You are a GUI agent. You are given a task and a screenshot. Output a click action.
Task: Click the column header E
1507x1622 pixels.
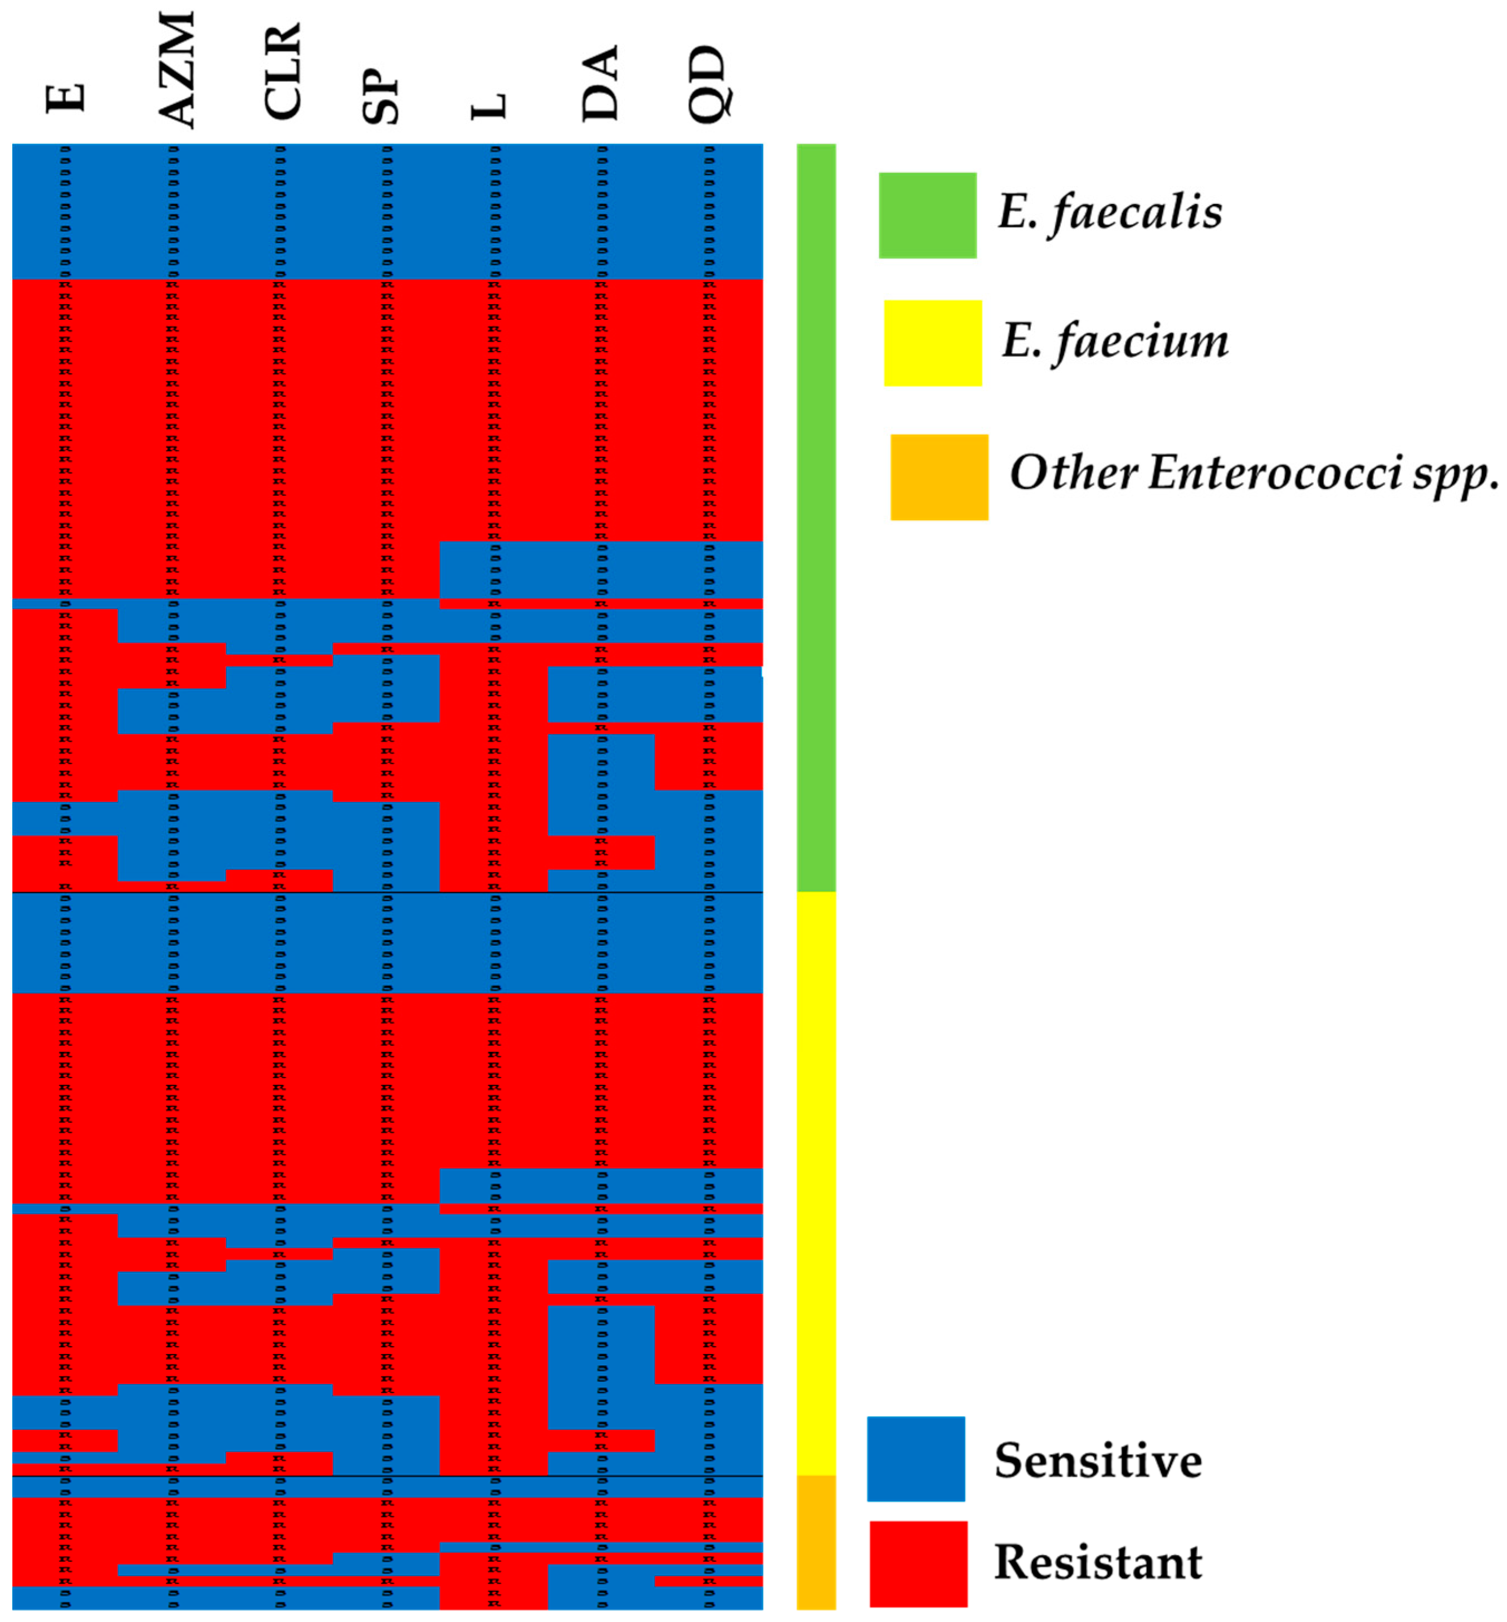(x=65, y=98)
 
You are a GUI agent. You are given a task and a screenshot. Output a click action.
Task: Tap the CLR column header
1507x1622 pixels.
(x=283, y=72)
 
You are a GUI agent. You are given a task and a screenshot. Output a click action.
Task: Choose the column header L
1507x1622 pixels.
(x=490, y=106)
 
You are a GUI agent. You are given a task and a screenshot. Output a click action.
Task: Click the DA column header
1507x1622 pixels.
(x=601, y=83)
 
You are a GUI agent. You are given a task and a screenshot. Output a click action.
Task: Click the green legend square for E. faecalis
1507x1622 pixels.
(x=927, y=216)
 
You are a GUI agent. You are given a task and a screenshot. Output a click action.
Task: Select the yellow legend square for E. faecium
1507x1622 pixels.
(x=932, y=343)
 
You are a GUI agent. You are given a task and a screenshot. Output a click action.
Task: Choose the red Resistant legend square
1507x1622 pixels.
(x=918, y=1563)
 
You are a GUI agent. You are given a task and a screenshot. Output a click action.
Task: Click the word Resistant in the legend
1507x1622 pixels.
(x=1098, y=1562)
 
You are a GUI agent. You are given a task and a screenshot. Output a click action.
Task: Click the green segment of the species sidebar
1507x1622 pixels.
(x=815, y=518)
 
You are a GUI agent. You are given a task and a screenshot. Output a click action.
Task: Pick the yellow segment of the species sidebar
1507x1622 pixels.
(x=815, y=1183)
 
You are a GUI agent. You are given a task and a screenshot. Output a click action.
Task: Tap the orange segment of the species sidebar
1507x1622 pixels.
(x=815, y=1542)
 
